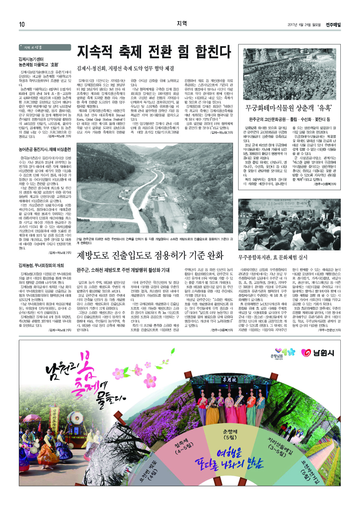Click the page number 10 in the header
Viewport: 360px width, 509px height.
click(x=21, y=24)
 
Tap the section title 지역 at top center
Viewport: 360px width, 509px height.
click(x=181, y=24)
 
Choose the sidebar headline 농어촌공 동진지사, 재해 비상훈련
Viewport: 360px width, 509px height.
click(x=43, y=150)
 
